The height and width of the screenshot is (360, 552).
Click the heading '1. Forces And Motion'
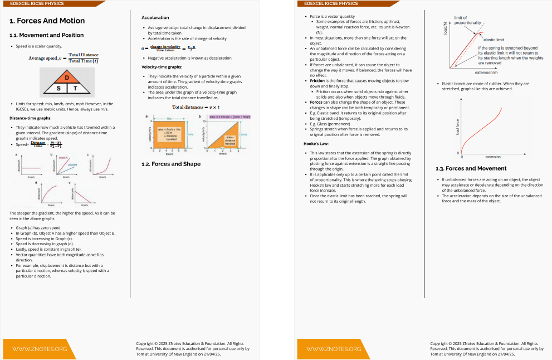pyautogui.click(x=47, y=21)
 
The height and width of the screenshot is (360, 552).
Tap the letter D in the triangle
pyautogui.click(x=67, y=77)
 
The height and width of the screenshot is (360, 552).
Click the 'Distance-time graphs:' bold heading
pyautogui.click(x=31, y=118)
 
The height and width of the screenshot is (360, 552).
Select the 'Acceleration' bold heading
pyautogui.click(x=155, y=18)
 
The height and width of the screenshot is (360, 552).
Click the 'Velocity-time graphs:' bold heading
pyautogui.click(x=162, y=67)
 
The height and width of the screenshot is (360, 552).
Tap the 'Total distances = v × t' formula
pyautogui.click(x=196, y=107)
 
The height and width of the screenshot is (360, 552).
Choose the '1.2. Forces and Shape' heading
pyautogui.click(x=171, y=164)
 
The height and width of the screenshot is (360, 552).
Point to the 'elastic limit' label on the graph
pyautogui.click(x=494, y=40)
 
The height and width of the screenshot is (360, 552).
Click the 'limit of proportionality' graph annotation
pyautogui.click(x=467, y=20)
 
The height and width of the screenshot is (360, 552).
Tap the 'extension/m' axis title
pyautogui.click(x=486, y=72)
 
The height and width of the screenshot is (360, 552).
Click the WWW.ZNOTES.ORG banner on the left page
pyautogui.click(x=40, y=349)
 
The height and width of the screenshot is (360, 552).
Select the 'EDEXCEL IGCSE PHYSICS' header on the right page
pyautogui.click(x=331, y=3)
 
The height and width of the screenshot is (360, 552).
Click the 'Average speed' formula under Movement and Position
pyautogui.click(x=63, y=57)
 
